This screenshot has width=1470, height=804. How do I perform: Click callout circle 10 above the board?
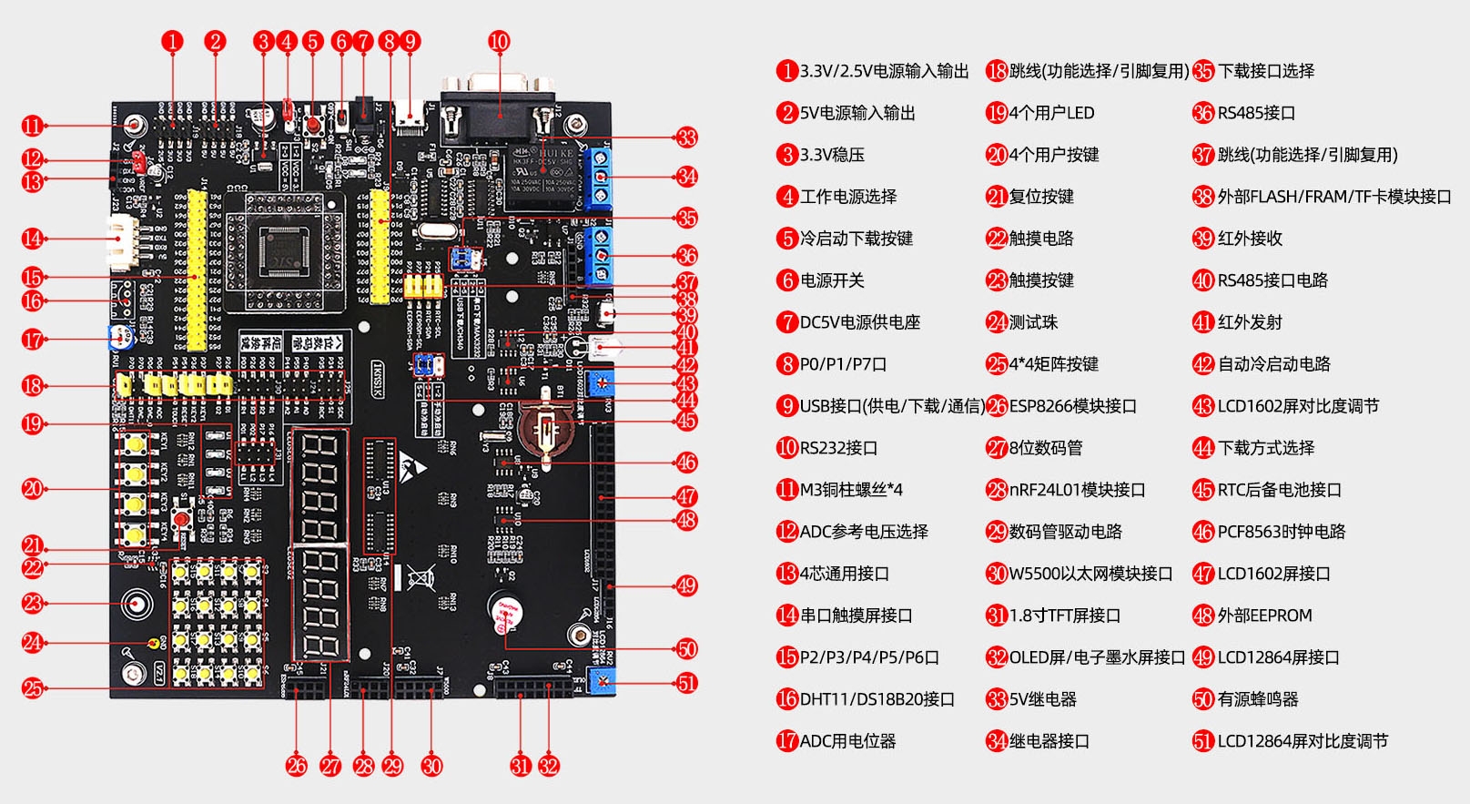[x=499, y=41]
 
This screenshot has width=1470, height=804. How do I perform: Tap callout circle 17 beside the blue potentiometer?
[x=33, y=340]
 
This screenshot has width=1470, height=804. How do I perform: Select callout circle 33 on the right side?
[x=686, y=137]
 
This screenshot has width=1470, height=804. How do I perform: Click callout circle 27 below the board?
[x=330, y=766]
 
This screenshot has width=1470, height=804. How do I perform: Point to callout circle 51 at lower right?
[x=686, y=683]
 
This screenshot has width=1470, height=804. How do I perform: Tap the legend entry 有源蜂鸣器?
[x=1258, y=699]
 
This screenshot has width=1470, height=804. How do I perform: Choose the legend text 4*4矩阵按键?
[x=1053, y=364]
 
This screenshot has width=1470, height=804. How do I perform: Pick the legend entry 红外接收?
[x=1250, y=239]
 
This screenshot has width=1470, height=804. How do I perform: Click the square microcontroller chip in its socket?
[x=285, y=249]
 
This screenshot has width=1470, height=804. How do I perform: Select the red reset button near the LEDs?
[x=183, y=520]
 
